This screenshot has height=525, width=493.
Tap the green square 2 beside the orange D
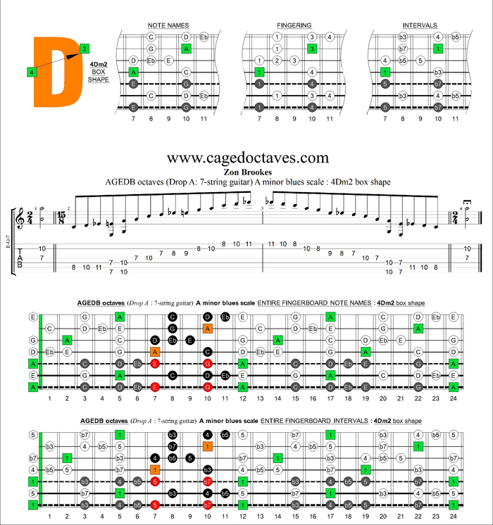pos(85,49)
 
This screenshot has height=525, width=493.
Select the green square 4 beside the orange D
pos(32,72)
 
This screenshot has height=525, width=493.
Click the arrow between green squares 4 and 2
pos(58,61)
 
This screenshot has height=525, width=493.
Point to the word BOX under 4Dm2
pos(98,72)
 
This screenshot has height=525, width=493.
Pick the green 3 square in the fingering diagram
pos(311,49)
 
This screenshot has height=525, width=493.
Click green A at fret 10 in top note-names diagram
pos(186,49)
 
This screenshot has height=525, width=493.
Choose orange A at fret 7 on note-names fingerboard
pos(155,351)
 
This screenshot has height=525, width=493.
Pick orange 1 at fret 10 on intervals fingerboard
pos(208,445)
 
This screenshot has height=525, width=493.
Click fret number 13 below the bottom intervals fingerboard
pos(260,517)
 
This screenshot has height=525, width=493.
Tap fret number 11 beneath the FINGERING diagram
pos(330,119)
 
